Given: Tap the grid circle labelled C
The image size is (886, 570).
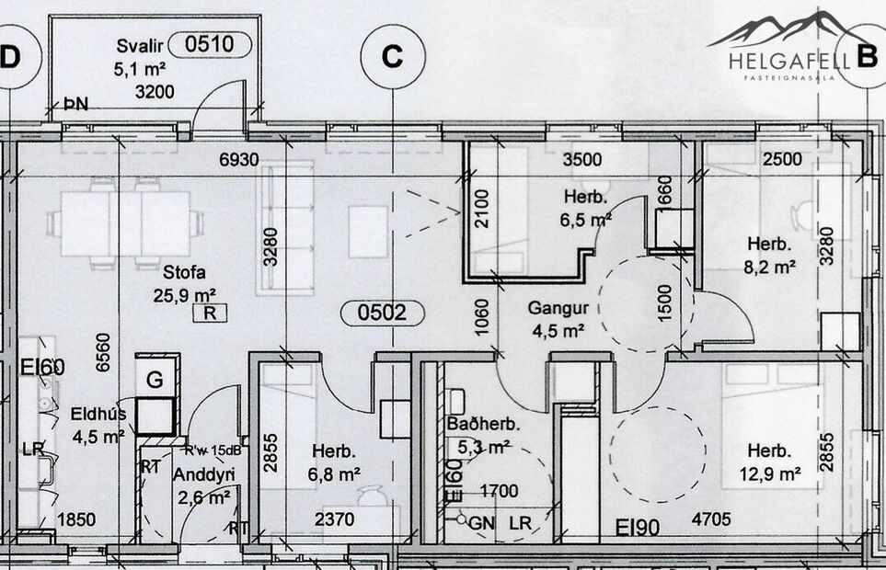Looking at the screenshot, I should [393, 56].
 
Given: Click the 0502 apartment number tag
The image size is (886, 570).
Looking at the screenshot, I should [383, 313].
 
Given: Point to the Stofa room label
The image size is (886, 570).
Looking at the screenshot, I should [183, 273].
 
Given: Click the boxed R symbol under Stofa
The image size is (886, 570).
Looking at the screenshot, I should [210, 313].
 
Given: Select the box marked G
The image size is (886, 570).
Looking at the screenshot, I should [155, 379].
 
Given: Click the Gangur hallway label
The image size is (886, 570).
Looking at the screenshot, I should [555, 308].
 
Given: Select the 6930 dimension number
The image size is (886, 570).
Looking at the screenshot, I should [238, 160].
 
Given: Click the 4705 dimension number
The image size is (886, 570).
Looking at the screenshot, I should [711, 520].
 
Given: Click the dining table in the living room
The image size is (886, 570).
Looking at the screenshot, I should [127, 223].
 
